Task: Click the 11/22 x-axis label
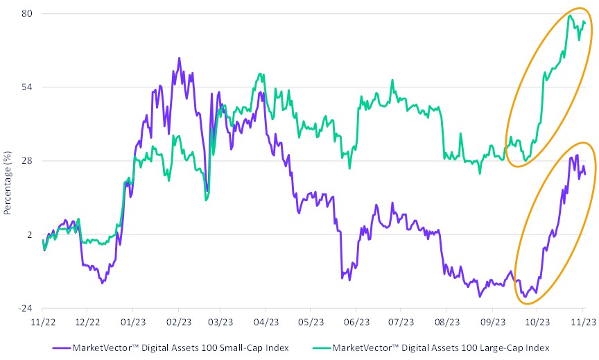pos(43,322)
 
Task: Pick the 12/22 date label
pos(88,322)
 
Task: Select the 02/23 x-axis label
pos(178,322)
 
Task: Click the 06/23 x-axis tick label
pos(356,322)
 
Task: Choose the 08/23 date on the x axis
pos(447,322)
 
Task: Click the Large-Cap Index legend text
pos(441,346)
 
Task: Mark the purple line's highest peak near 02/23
pos(179,58)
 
